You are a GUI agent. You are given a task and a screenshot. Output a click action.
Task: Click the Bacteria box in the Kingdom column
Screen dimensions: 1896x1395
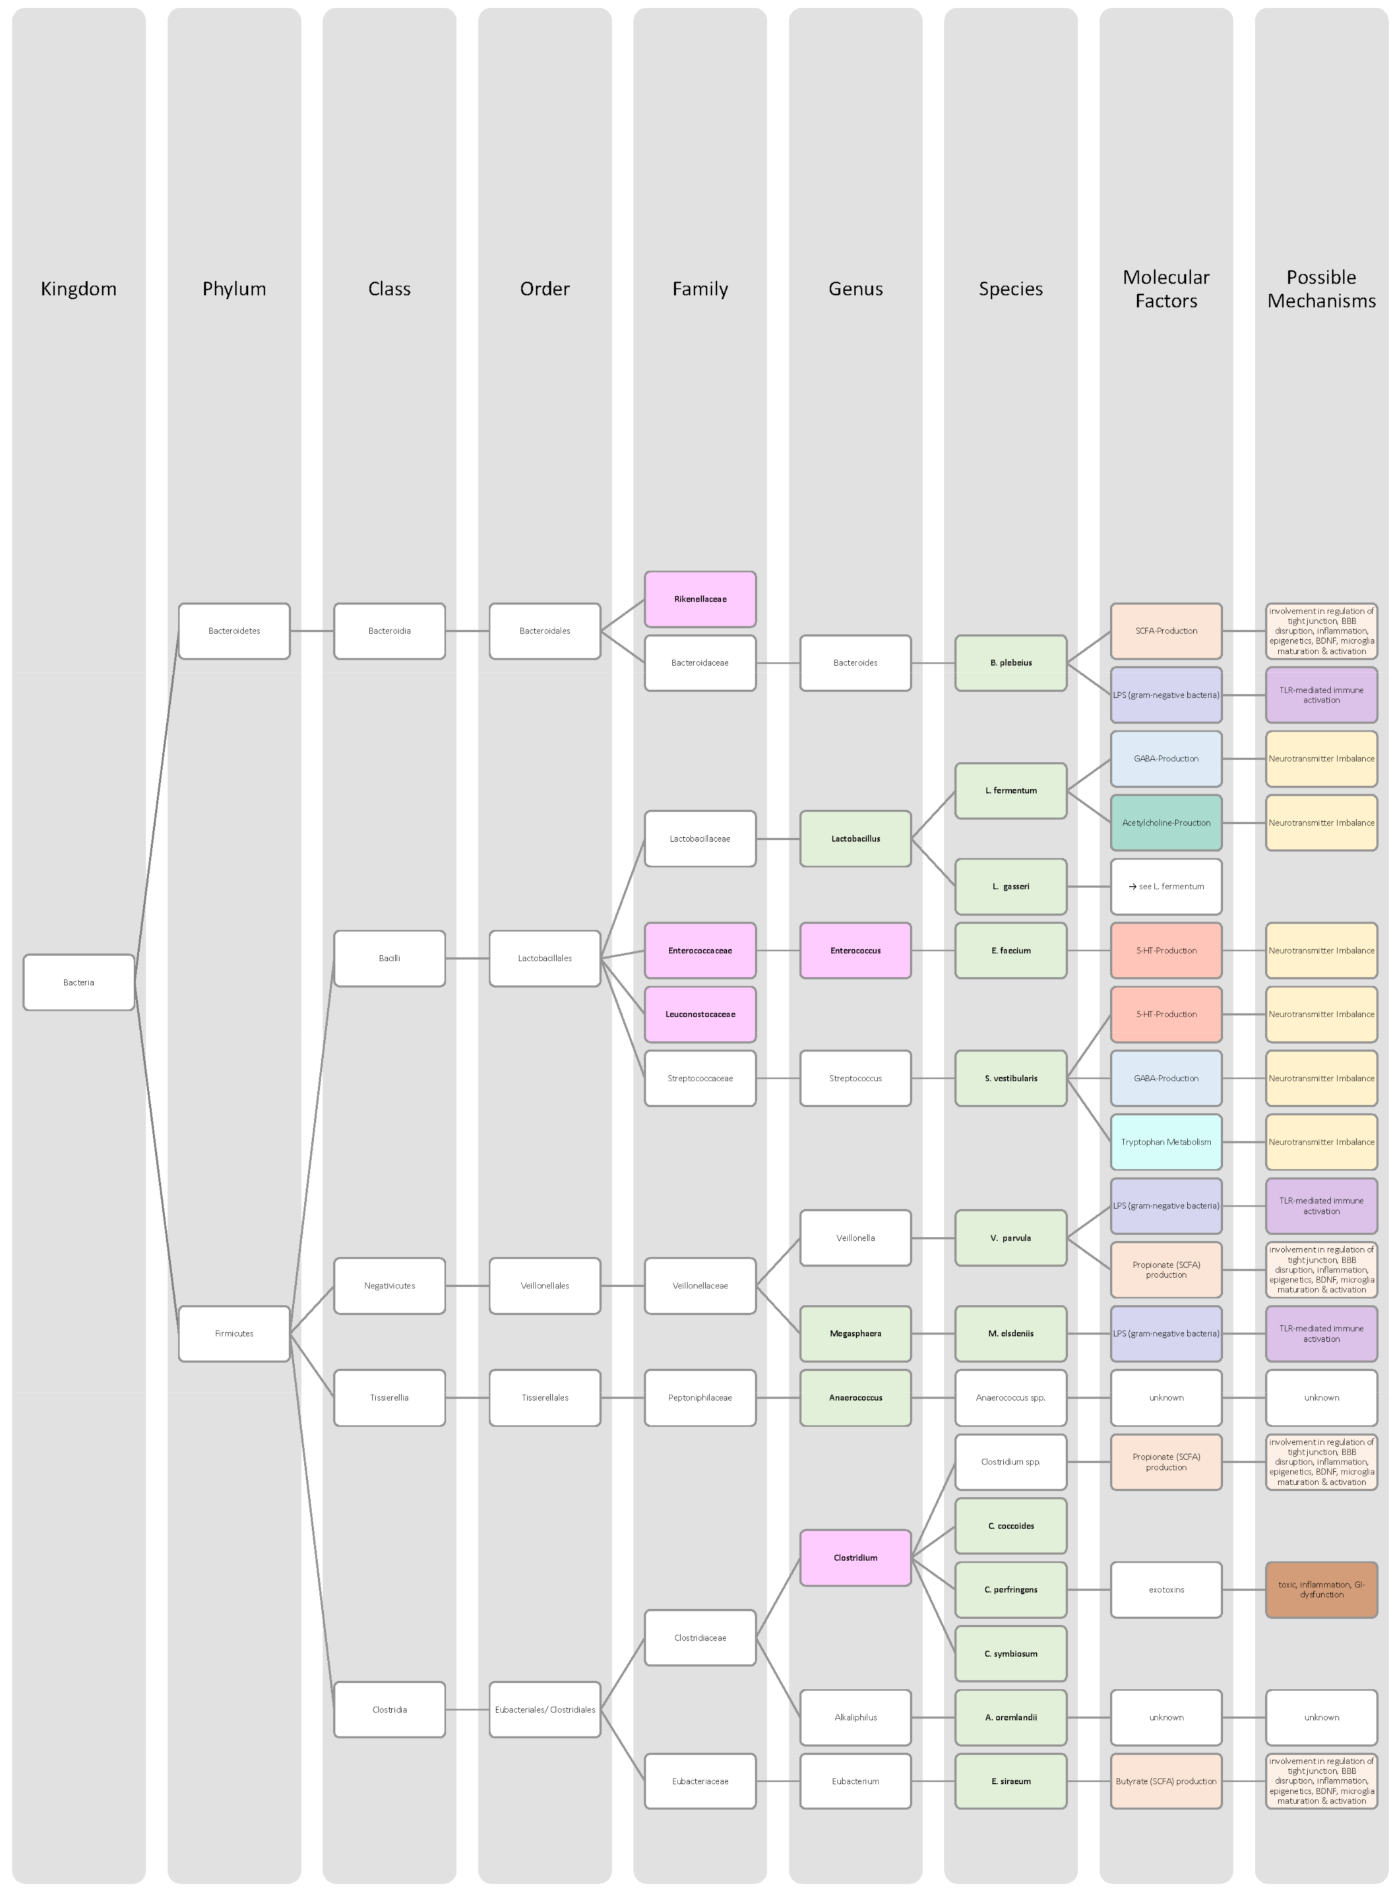pyautogui.click(x=78, y=982)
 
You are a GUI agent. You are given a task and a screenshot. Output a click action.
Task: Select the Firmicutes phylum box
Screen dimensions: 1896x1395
pyautogui.click(x=234, y=1333)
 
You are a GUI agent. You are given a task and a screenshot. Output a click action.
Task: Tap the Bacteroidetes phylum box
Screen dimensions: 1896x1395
pyautogui.click(x=234, y=631)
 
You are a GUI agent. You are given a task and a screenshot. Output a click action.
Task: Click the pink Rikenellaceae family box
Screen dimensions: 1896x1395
pyautogui.click(x=700, y=599)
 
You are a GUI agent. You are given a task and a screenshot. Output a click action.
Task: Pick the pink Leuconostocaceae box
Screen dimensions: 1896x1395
pyautogui.click(x=700, y=1014)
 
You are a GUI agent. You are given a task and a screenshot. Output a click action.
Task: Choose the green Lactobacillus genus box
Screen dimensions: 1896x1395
pyautogui.click(x=855, y=838)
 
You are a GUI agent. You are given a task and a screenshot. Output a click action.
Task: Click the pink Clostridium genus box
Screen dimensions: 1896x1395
pyautogui.click(x=855, y=1558)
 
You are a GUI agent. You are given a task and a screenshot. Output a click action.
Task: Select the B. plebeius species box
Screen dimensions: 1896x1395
pyautogui.click(x=1010, y=663)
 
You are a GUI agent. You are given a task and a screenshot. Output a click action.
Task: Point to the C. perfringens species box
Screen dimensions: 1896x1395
pyautogui.click(x=1010, y=1589)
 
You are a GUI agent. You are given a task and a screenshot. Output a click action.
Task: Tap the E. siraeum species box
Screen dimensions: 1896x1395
pyautogui.click(x=1010, y=1781)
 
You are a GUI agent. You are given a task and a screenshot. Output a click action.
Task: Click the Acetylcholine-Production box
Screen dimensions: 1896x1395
pyautogui.click(x=1166, y=823)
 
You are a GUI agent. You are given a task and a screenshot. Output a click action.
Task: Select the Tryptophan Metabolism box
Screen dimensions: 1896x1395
pyautogui.click(x=1166, y=1142)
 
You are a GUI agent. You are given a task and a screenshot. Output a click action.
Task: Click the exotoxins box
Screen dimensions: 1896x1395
pyautogui.click(x=1166, y=1589)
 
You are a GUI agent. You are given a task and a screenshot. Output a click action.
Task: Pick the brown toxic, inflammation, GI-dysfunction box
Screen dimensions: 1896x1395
pyautogui.click(x=1322, y=1589)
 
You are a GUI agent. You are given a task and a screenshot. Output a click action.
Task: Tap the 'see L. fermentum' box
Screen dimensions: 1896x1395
pyautogui.click(x=1166, y=887)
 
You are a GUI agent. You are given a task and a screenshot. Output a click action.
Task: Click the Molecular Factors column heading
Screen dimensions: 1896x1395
pyautogui.click(x=1166, y=289)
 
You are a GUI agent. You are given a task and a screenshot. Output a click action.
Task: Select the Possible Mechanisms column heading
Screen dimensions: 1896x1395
pyautogui.click(x=1322, y=289)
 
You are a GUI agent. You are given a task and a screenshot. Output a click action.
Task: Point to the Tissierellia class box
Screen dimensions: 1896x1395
pyautogui.click(x=389, y=1398)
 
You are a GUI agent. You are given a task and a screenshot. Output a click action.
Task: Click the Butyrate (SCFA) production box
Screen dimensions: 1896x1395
pyautogui.click(x=1166, y=1781)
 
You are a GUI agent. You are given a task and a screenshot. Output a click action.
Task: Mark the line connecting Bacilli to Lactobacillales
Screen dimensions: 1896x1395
pyautogui.click(x=467, y=959)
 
